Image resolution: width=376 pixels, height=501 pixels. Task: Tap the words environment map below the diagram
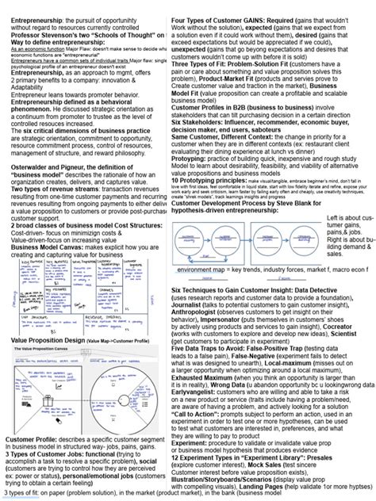pos(205,270)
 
